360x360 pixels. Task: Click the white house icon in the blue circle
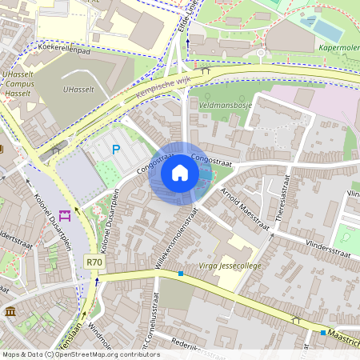coord(180,173)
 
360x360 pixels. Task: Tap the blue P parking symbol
coord(116,149)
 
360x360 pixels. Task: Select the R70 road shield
coord(94,262)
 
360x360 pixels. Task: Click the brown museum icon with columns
coord(10,311)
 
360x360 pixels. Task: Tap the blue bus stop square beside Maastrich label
coord(323,332)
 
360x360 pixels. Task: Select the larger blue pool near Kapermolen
coord(326,30)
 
